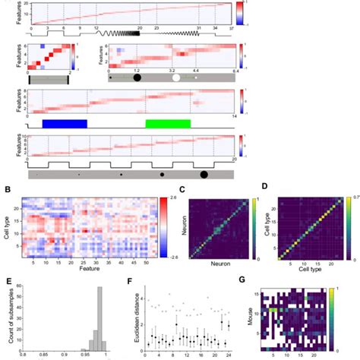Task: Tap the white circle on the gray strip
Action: [175, 77]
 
